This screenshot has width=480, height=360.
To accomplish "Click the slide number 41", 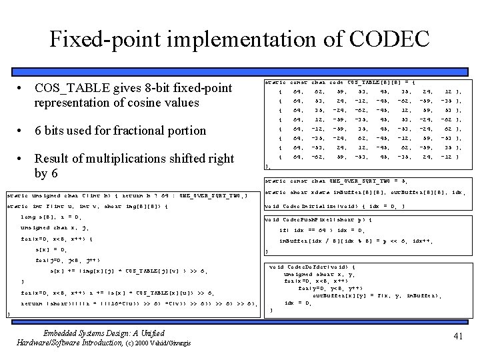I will tap(457, 337).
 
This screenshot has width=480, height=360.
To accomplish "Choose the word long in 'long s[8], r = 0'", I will tap(28, 217).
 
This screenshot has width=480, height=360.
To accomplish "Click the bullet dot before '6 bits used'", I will tap(22, 131).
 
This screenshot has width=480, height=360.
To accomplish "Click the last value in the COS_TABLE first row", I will tap(447, 91).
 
